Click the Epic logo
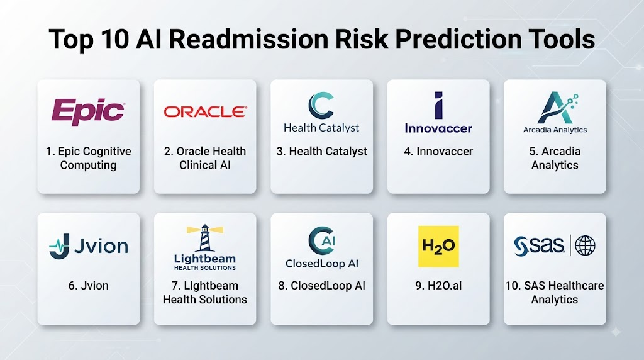coord(88,111)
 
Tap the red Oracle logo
coord(205,112)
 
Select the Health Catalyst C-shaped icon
coord(320,105)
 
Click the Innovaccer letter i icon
coord(438,105)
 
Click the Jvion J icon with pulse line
coord(60,247)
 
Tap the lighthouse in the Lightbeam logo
coord(204,238)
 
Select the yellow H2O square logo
coord(438,246)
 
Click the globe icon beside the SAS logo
coord(585,245)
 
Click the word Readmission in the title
coord(249,40)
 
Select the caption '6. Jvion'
coord(88,286)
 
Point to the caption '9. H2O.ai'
coord(438,286)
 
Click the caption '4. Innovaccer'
coord(438,151)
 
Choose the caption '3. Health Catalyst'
coord(321,152)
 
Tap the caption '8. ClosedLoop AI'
coord(321,286)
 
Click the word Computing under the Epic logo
coord(88,165)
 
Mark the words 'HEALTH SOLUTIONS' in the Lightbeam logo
coord(205,268)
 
